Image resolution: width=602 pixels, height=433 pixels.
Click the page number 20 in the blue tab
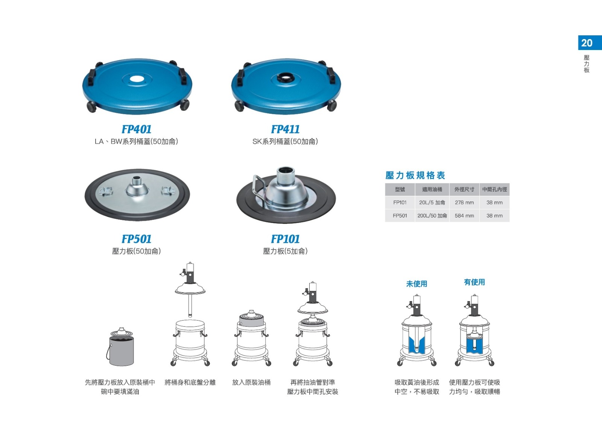(x=587, y=43)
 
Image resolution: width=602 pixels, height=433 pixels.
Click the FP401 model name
(x=137, y=129)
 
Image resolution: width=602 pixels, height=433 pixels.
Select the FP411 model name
(x=285, y=129)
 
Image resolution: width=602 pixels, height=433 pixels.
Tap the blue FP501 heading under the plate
(x=137, y=239)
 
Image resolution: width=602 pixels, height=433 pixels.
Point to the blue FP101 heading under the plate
(x=285, y=239)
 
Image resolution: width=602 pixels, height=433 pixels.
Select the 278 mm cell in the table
(x=464, y=203)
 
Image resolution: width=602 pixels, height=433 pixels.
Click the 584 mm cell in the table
(x=464, y=216)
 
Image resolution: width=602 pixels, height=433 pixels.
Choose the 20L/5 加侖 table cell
(x=432, y=203)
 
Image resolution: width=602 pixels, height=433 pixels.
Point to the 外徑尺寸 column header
(x=464, y=189)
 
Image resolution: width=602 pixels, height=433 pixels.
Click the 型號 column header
(x=400, y=189)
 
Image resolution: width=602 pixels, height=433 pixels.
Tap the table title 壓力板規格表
(x=415, y=175)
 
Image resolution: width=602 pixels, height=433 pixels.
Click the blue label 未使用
(x=417, y=284)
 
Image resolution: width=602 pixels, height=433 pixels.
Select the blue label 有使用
(x=474, y=282)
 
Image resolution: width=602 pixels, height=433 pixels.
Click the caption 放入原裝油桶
(x=251, y=382)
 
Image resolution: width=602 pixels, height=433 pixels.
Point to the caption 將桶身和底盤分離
(x=190, y=382)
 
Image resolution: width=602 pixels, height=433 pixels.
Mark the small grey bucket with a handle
(x=121, y=348)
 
